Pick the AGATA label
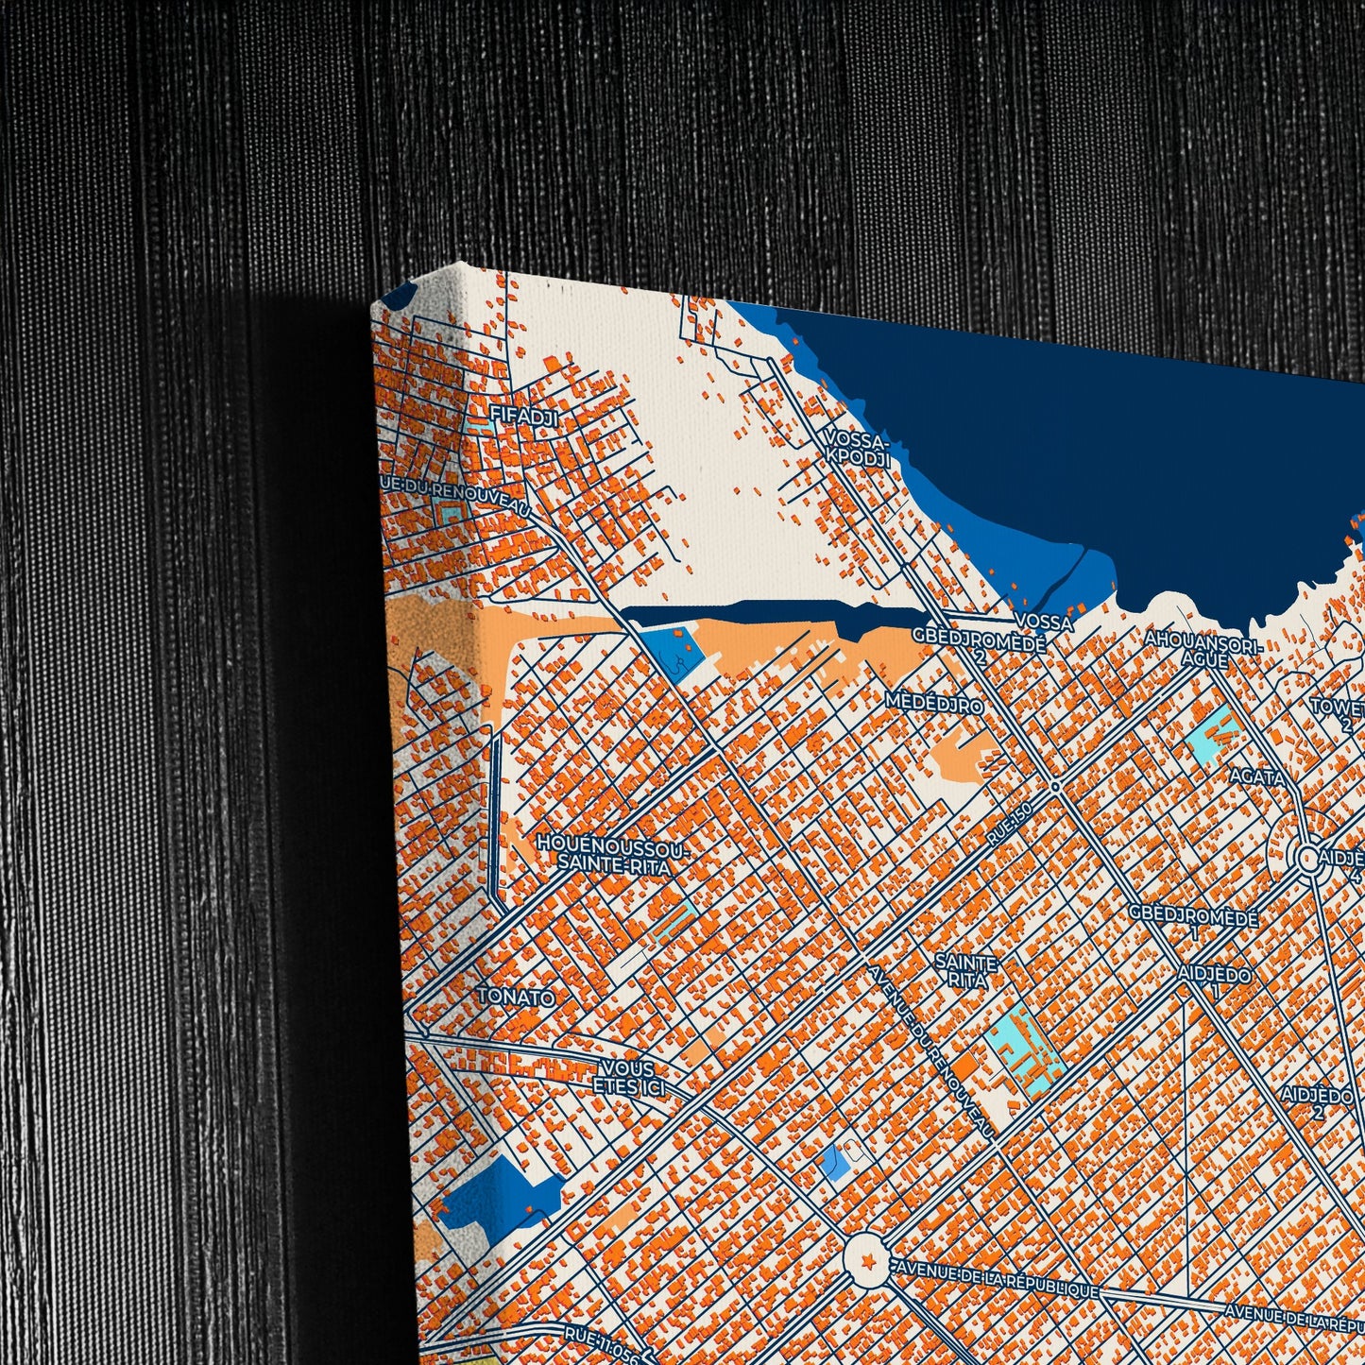[x=1257, y=776]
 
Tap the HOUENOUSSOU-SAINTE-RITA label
[x=614, y=853]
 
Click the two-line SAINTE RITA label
[x=965, y=971]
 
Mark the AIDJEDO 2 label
[x=1317, y=1102]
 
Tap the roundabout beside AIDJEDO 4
[x=1309, y=859]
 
